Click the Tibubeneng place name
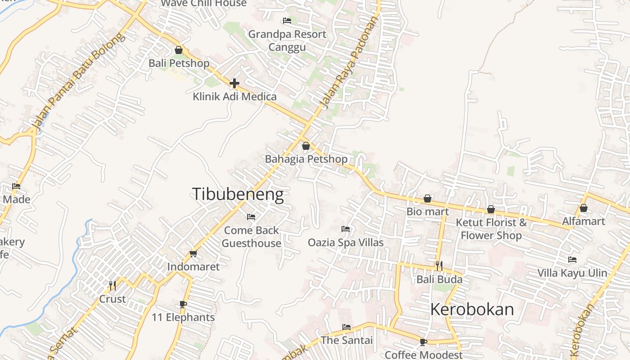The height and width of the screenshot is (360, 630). (238, 194)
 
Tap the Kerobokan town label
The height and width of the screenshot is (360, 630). (472, 309)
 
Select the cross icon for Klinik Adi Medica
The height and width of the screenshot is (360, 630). (234, 83)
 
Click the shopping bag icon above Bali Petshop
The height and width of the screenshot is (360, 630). (179, 50)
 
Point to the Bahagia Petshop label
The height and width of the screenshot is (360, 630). (306, 159)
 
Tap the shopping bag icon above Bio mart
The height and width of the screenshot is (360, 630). (427, 198)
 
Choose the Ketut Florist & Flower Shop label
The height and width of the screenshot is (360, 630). (491, 229)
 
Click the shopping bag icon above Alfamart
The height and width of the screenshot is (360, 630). (584, 208)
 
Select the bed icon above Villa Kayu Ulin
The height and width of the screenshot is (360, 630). (572, 260)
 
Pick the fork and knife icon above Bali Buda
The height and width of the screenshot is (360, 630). (439, 266)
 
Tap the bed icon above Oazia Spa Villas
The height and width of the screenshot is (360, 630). (346, 229)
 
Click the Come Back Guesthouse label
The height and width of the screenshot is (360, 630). (252, 237)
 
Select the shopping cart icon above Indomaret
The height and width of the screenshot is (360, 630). (193, 254)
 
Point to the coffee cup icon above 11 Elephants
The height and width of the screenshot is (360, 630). (183, 304)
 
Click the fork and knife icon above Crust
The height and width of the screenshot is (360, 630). (112, 285)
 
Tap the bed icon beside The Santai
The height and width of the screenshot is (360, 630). (346, 327)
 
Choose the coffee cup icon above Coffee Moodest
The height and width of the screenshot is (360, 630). (423, 342)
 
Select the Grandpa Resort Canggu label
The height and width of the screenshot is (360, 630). (287, 40)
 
